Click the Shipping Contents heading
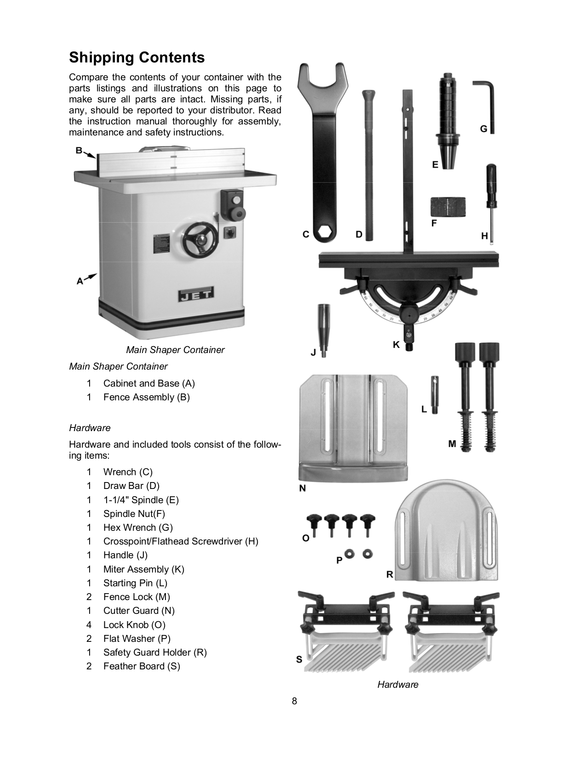137,58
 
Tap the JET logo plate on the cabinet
196,296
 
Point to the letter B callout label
79,150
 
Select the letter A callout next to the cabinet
80,281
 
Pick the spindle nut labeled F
448,208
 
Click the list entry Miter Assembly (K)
143,569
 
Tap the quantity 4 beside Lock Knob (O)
89,625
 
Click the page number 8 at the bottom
295,701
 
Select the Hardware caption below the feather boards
398,685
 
